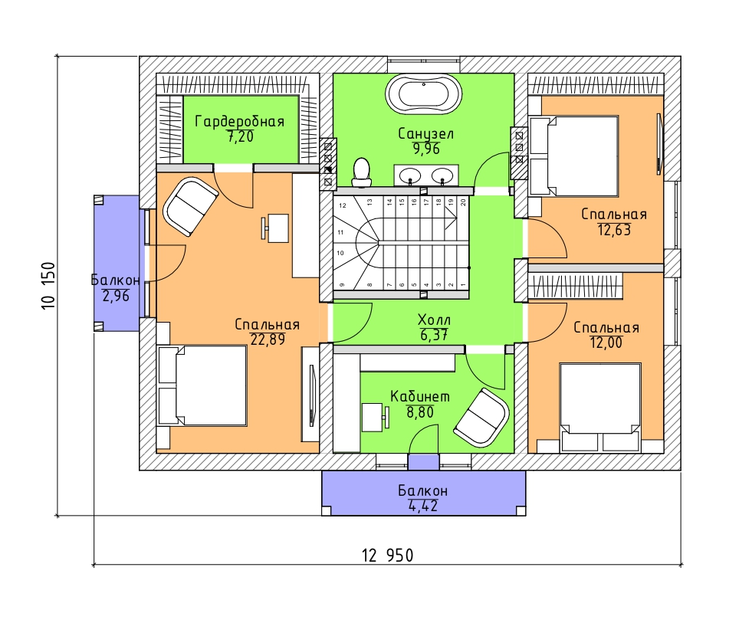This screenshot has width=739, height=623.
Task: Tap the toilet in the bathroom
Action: pos(362,172)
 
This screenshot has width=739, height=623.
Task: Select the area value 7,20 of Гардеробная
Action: pos(241,136)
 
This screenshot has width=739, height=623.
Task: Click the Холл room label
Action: pos(434,320)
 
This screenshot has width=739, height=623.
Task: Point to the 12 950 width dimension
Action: pos(387,556)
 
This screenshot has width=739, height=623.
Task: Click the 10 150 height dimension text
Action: pos(49,286)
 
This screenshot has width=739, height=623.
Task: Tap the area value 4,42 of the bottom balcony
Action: pos(422,506)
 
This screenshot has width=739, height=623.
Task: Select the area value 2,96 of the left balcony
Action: pos(116,296)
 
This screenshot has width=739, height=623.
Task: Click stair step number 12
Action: pos(343,205)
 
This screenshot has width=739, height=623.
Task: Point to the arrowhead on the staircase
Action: pos(451,218)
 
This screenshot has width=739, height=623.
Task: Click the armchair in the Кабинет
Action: pos(481,418)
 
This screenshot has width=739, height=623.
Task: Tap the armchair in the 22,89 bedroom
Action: pos(190,206)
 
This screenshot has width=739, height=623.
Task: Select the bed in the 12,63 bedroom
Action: pos(573,156)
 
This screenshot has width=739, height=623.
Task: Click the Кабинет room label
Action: pos(420,397)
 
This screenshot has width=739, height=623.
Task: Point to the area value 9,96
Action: pos(426,149)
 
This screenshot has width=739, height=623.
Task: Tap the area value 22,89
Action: pos(268,339)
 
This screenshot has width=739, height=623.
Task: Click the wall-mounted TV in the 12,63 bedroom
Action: pos(659,144)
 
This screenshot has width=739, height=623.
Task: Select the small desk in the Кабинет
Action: pos(375,417)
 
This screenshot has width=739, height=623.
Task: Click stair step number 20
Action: pos(463,202)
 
